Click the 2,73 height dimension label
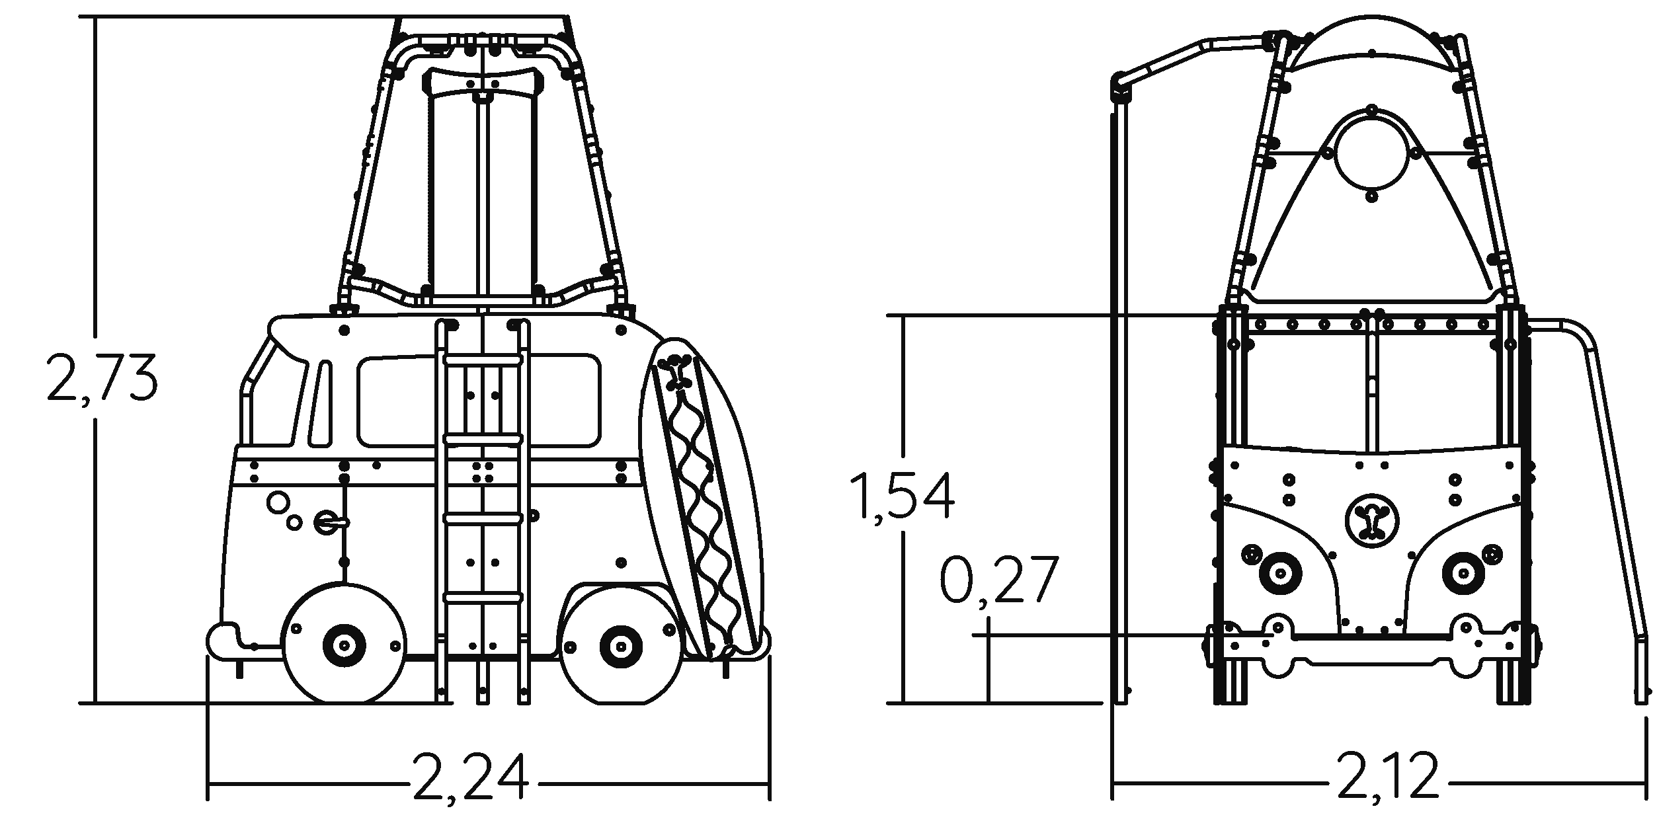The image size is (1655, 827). [102, 379]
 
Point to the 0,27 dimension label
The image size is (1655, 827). [998, 581]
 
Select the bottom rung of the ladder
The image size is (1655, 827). [483, 598]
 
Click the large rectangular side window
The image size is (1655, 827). [479, 400]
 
